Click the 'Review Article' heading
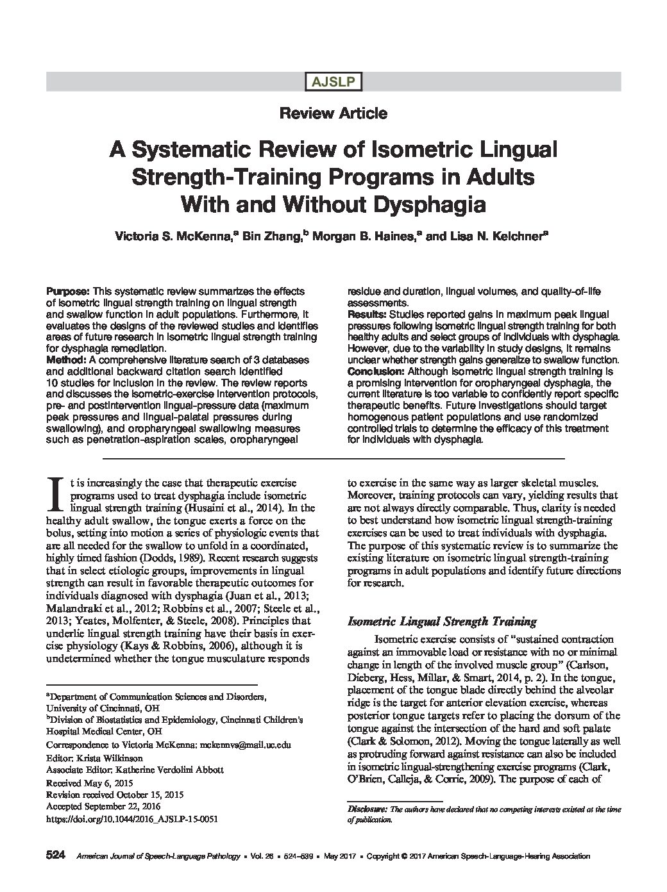pos(333,113)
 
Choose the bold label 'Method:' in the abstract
pos(63,359)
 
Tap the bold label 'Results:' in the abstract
pos(366,314)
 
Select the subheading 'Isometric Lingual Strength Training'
pos(441,621)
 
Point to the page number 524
pos(56,855)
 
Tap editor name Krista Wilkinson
pos(112,757)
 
